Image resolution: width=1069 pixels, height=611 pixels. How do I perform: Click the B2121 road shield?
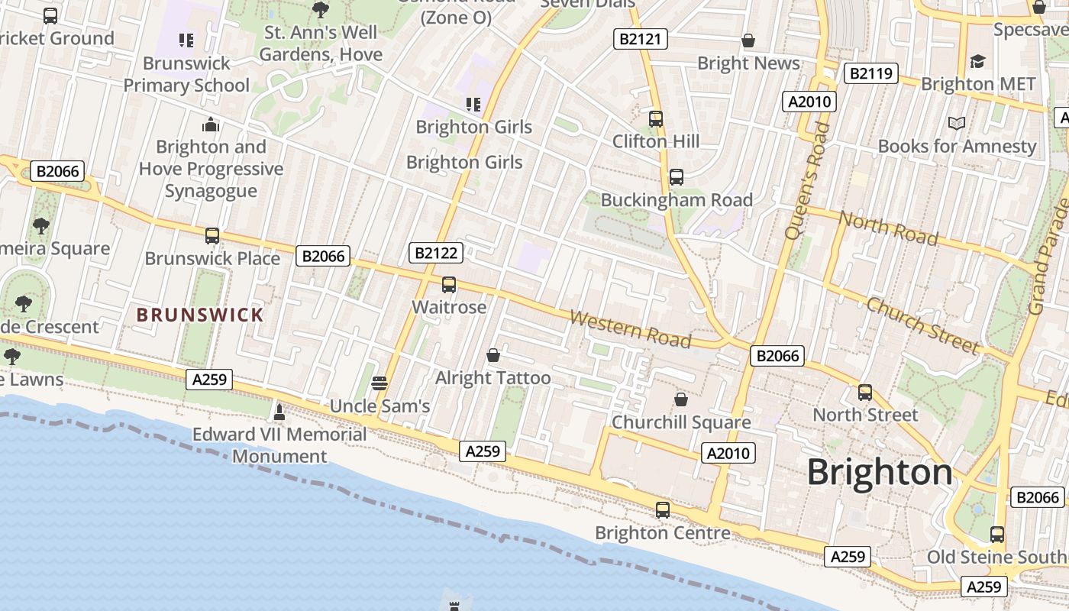click(x=641, y=39)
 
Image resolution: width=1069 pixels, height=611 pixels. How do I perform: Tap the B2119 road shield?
click(x=870, y=73)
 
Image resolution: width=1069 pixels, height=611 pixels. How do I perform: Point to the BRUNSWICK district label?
click(x=200, y=315)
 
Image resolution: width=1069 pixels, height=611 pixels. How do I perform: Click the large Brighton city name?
click(x=880, y=472)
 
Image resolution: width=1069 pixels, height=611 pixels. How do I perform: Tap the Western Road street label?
click(x=630, y=328)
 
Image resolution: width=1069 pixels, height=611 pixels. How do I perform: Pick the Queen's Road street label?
click(x=808, y=179)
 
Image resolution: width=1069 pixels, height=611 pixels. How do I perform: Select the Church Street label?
click(x=922, y=325)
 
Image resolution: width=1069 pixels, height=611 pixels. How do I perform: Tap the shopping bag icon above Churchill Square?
click(x=681, y=399)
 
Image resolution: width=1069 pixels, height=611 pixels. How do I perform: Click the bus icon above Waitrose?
click(x=449, y=285)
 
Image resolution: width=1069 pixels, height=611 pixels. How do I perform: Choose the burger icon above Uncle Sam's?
click(x=379, y=383)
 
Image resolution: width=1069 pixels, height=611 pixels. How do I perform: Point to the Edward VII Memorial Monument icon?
click(x=279, y=412)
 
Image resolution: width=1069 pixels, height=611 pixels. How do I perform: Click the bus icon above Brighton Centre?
click(x=663, y=509)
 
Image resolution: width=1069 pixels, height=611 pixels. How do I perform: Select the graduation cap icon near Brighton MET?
click(x=977, y=61)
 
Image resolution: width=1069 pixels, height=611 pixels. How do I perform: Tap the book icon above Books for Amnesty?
click(x=957, y=123)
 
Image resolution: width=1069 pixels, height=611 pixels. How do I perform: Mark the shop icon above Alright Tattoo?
click(x=493, y=355)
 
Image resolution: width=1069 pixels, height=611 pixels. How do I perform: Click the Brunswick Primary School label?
click(x=186, y=74)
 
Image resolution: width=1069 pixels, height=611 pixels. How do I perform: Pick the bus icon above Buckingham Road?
click(x=677, y=177)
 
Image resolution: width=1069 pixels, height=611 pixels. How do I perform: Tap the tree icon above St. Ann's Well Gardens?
click(x=321, y=10)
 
